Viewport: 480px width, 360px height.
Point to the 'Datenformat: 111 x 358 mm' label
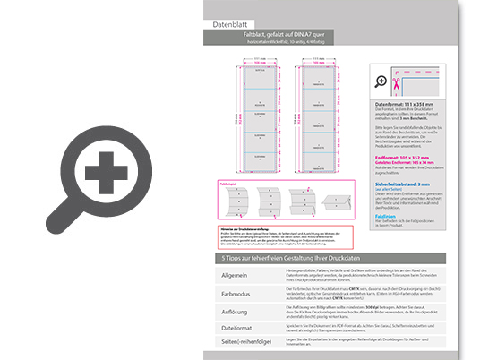(x=407, y=105)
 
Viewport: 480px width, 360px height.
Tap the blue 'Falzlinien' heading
(x=386, y=216)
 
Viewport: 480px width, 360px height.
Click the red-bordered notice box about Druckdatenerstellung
(x=283, y=236)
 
